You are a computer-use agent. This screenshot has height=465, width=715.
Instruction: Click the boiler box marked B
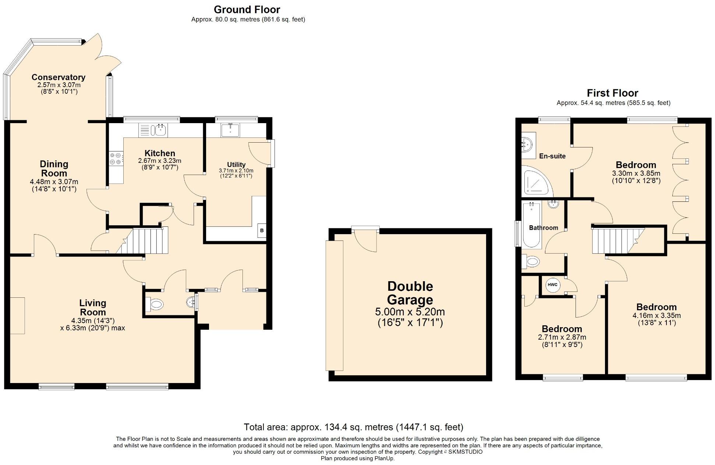[262, 230]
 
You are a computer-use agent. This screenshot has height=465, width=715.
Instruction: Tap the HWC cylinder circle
[552, 285]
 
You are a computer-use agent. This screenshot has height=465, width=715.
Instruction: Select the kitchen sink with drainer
[153, 130]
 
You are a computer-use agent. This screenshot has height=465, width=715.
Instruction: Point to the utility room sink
[230, 130]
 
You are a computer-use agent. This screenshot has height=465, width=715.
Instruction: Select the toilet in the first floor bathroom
[531, 262]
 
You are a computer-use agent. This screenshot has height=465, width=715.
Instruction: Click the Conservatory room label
[59, 77]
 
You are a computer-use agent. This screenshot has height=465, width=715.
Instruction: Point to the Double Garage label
[410, 293]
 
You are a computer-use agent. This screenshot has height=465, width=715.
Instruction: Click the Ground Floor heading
[247, 10]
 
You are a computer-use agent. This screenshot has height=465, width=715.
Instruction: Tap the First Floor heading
[612, 93]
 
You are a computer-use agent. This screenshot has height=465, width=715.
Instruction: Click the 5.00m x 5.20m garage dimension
[410, 312]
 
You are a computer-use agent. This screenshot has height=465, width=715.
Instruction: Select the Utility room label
[236, 165]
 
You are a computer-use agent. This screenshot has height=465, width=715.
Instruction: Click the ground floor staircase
[146, 240]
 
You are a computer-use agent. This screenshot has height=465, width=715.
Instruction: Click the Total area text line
[353, 427]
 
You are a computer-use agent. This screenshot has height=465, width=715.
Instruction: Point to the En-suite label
[552, 156]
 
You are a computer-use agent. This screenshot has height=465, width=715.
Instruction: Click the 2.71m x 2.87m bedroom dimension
[562, 337]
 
